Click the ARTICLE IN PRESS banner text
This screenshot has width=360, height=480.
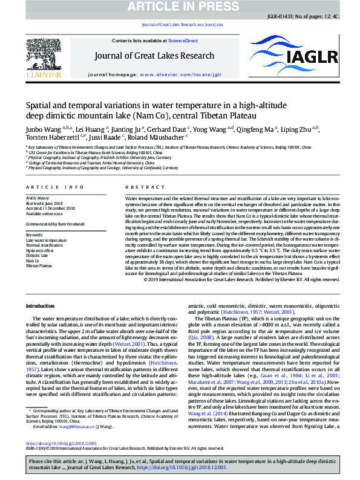point(180,7)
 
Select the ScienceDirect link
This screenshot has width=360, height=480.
point(183,41)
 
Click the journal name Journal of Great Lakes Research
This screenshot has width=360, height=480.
point(180,57)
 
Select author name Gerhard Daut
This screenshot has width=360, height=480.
point(168,129)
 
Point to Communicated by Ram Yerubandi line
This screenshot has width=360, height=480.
point(53,224)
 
